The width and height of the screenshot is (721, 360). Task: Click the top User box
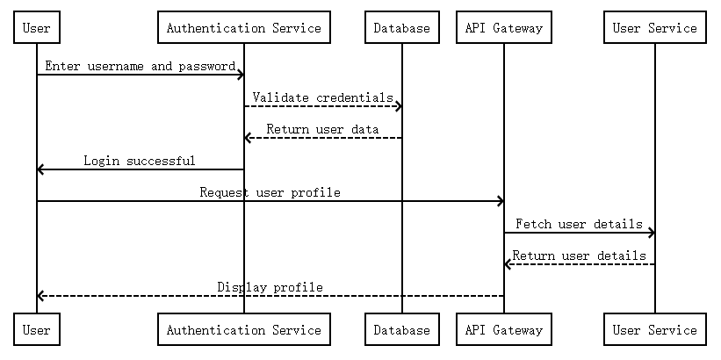[x=36, y=28]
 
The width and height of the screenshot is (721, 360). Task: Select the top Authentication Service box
[x=243, y=28]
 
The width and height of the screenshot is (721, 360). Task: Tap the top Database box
[x=401, y=28]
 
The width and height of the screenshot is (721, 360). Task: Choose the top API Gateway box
[x=503, y=28]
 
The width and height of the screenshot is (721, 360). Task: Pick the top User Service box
[x=654, y=28]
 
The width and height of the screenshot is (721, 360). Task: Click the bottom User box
[x=36, y=330]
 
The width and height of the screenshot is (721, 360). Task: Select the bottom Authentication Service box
[x=243, y=330]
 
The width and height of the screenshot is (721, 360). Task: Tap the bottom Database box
[x=401, y=330]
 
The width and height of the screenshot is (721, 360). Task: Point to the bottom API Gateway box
[x=503, y=330]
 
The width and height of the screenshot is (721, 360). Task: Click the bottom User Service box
[x=654, y=330]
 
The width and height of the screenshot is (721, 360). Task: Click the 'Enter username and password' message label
[x=140, y=66]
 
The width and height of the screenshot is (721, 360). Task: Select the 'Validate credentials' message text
[x=322, y=97]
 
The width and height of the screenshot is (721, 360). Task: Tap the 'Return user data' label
[x=322, y=129]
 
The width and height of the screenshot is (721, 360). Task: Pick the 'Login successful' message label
[x=140, y=161]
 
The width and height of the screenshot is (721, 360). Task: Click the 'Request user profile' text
[x=270, y=192]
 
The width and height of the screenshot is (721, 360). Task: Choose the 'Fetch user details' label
[x=579, y=224]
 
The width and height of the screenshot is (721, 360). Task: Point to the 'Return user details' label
[x=579, y=256]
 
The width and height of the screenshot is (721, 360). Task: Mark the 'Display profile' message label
[x=270, y=287]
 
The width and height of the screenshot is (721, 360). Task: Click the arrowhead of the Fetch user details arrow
[x=651, y=233]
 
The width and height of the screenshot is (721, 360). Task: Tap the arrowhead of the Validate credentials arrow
[x=398, y=106]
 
